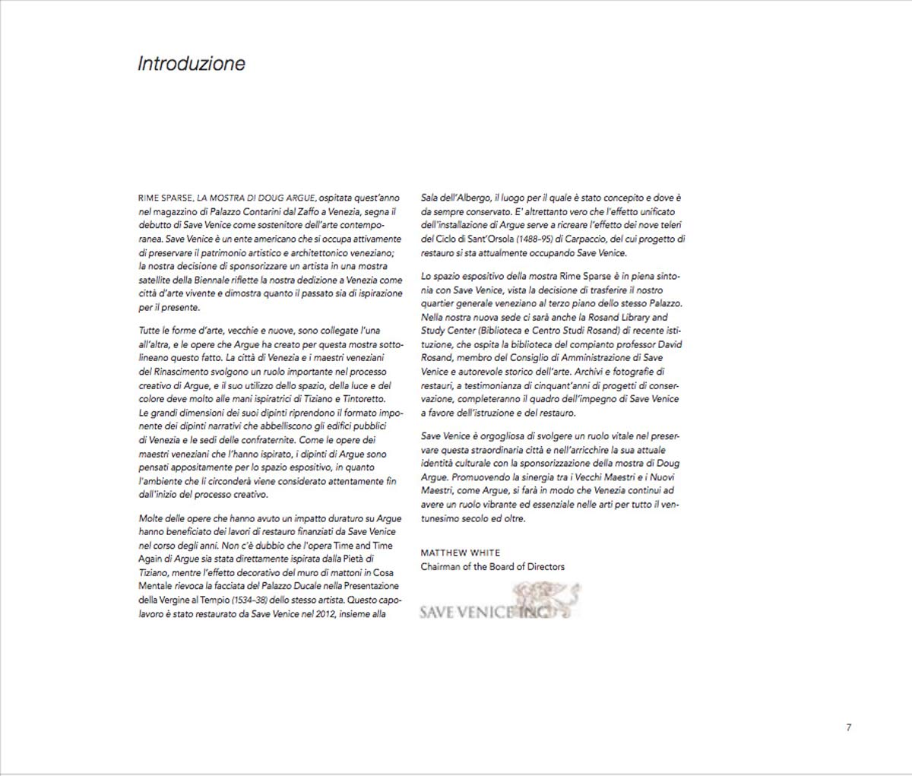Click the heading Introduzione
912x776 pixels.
191,63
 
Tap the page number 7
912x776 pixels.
848,727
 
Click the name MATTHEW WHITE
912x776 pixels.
460,553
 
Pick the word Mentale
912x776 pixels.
156,586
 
